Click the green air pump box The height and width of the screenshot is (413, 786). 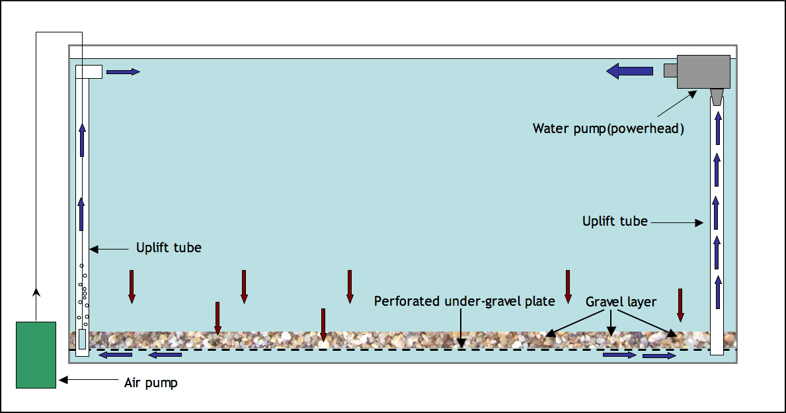coord(36,355)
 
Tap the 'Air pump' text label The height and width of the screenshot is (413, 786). coord(151,383)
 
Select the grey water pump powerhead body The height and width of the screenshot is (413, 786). coord(703,71)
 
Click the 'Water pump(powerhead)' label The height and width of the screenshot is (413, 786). coord(608,128)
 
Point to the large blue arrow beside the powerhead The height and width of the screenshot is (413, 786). coord(630,70)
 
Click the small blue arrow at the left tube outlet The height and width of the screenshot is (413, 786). coord(123,71)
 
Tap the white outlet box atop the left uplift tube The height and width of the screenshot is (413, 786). coord(89,71)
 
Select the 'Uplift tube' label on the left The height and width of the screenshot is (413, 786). coord(169,248)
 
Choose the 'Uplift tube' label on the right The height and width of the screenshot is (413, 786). coord(615,221)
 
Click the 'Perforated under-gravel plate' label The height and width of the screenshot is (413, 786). coord(464,302)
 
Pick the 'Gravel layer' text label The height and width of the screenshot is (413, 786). coord(621,302)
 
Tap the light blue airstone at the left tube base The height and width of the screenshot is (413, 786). coord(82,340)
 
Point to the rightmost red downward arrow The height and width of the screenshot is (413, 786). coord(680,304)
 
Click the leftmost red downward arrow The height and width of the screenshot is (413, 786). coord(132,287)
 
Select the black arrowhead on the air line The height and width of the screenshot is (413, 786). coord(36,292)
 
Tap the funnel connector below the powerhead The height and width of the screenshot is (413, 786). coord(717,96)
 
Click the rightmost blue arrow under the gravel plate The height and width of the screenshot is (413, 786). coord(659,356)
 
